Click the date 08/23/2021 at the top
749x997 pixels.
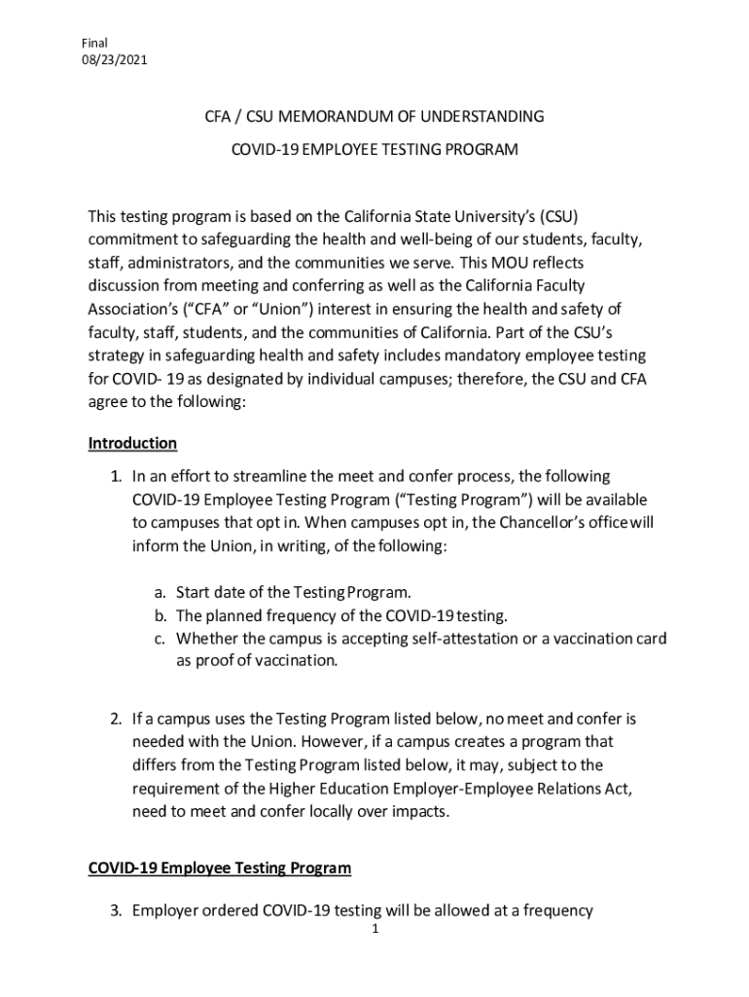pos(116,60)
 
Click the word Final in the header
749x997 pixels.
pos(95,43)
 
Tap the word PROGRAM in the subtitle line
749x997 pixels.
pos(482,151)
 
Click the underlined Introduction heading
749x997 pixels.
pos(132,444)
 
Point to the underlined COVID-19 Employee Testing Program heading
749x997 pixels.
pos(219,868)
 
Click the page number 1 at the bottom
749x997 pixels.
pos(374,930)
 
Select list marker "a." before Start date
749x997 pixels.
pos(161,592)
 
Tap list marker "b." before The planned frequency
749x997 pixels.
pos(161,615)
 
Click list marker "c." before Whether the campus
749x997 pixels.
pos(161,639)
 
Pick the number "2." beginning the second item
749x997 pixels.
pos(115,720)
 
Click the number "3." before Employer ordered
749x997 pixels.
pos(115,911)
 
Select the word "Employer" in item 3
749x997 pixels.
pos(166,911)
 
